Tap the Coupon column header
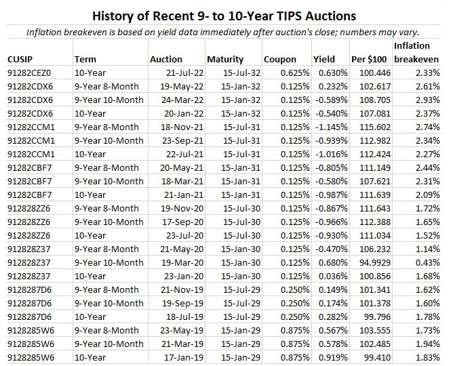coord(280,59)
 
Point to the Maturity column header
coord(225,59)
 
